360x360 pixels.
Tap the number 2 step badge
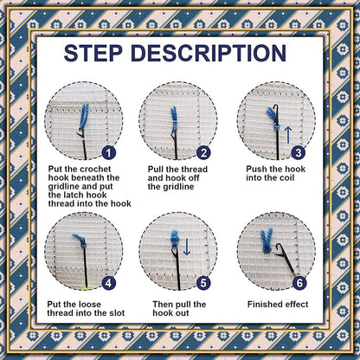(x=204, y=152)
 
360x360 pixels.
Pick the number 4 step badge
(x=108, y=281)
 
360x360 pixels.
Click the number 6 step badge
(x=299, y=281)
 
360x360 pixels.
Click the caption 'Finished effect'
(x=277, y=305)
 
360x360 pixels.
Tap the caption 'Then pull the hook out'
(x=178, y=310)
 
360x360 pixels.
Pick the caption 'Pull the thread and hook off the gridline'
(x=179, y=178)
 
